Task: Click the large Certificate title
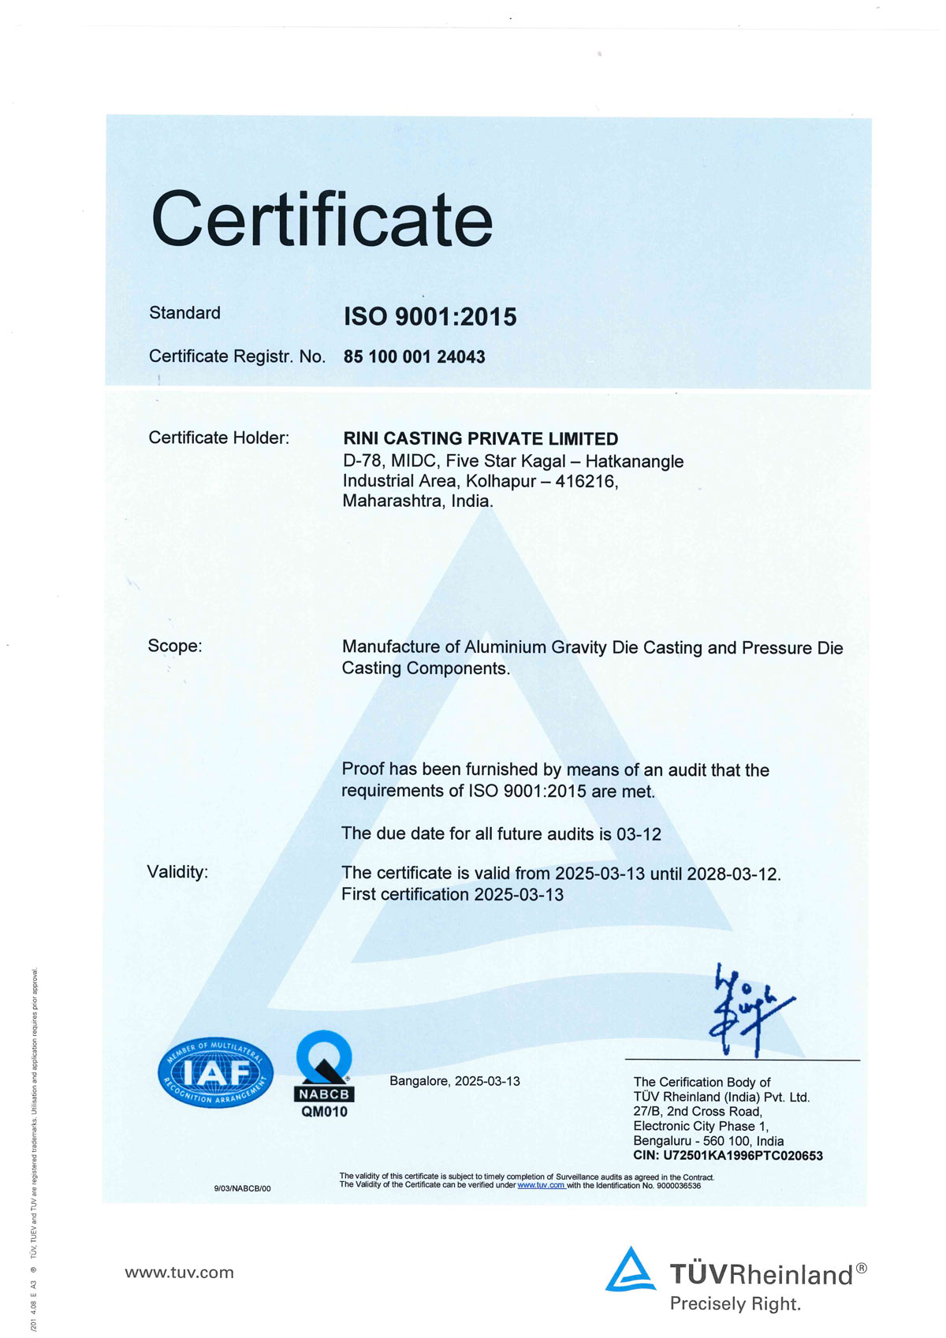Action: tap(322, 219)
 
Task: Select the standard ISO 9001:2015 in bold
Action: tap(430, 317)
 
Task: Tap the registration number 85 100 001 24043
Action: tap(414, 357)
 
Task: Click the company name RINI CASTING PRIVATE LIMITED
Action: tap(480, 438)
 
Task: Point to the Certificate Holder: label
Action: tap(218, 438)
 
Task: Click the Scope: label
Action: tap(174, 646)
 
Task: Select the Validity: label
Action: tap(177, 872)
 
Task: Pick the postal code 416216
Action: tap(586, 481)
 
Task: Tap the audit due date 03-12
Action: tap(639, 834)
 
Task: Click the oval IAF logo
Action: tap(215, 1072)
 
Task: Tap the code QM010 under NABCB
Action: tap(324, 1113)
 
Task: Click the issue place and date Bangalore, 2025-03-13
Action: tap(454, 1081)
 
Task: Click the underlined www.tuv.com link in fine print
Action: tap(541, 1185)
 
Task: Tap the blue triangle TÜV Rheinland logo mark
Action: tap(630, 1269)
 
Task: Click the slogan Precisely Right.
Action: tap(735, 1304)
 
